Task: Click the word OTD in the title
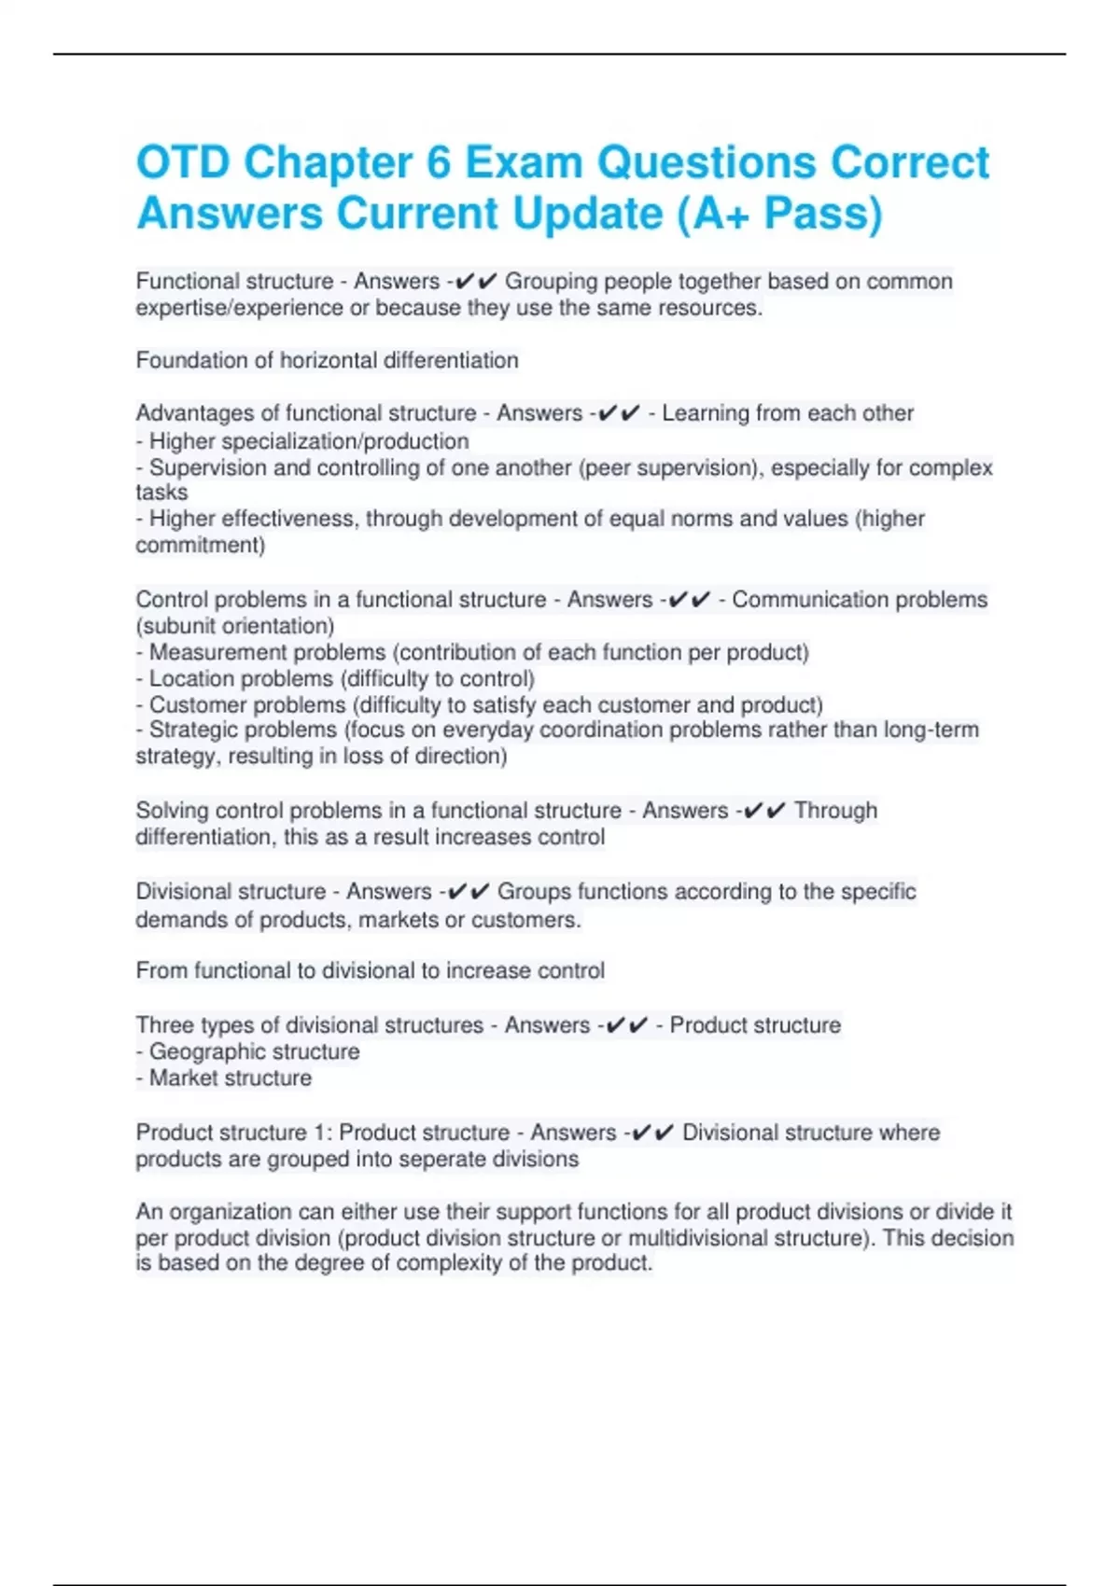click(183, 163)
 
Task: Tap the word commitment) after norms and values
click(200, 545)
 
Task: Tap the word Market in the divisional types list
click(185, 1078)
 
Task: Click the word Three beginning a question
click(164, 1025)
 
